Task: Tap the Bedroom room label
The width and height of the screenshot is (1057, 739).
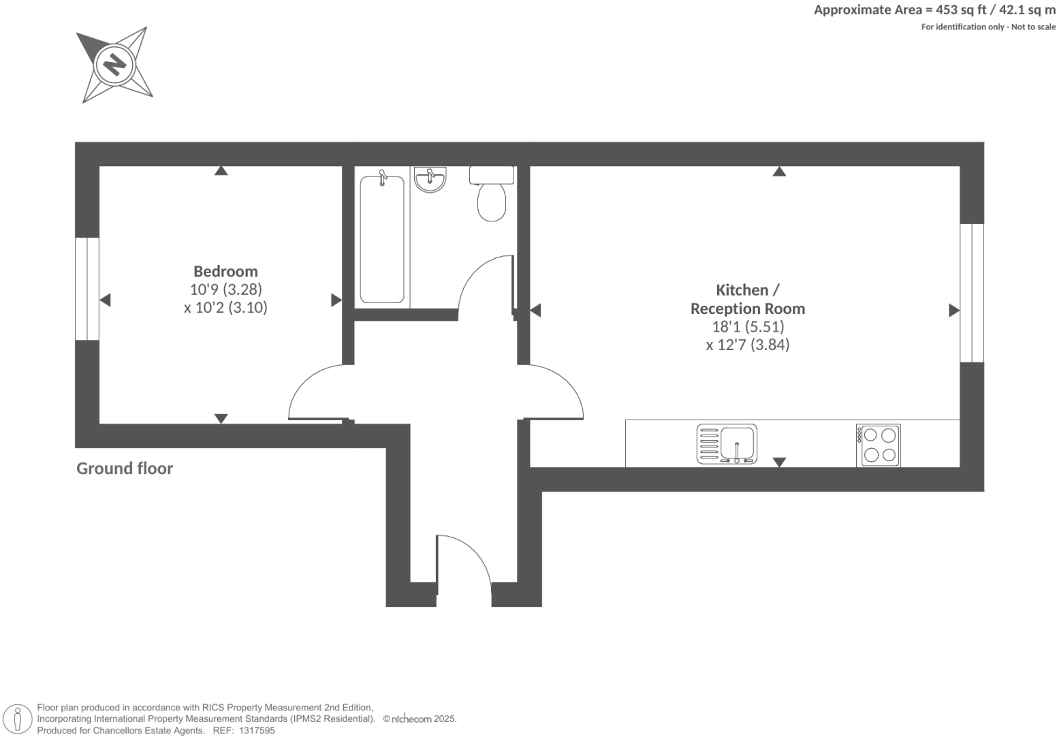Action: pos(225,271)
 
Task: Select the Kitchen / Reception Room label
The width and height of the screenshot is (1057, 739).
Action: pos(747,299)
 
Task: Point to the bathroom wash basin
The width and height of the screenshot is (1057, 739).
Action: pos(430,180)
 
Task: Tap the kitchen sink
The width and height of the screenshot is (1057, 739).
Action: pos(727,444)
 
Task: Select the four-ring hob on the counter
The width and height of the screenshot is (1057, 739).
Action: pos(879,445)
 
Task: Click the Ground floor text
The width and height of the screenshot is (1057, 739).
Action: pos(125,469)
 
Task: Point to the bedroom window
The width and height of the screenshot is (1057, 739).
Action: pos(87,289)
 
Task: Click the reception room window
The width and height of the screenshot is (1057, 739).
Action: pos(972,293)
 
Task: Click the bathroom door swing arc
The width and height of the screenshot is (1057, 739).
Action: pos(484,286)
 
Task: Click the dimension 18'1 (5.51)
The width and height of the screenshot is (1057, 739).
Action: pos(748,326)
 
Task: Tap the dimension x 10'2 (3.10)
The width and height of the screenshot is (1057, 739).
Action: pos(225,307)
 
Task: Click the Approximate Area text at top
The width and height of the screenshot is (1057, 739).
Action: pos(934,10)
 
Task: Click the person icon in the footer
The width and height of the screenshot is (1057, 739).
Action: pos(18,719)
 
